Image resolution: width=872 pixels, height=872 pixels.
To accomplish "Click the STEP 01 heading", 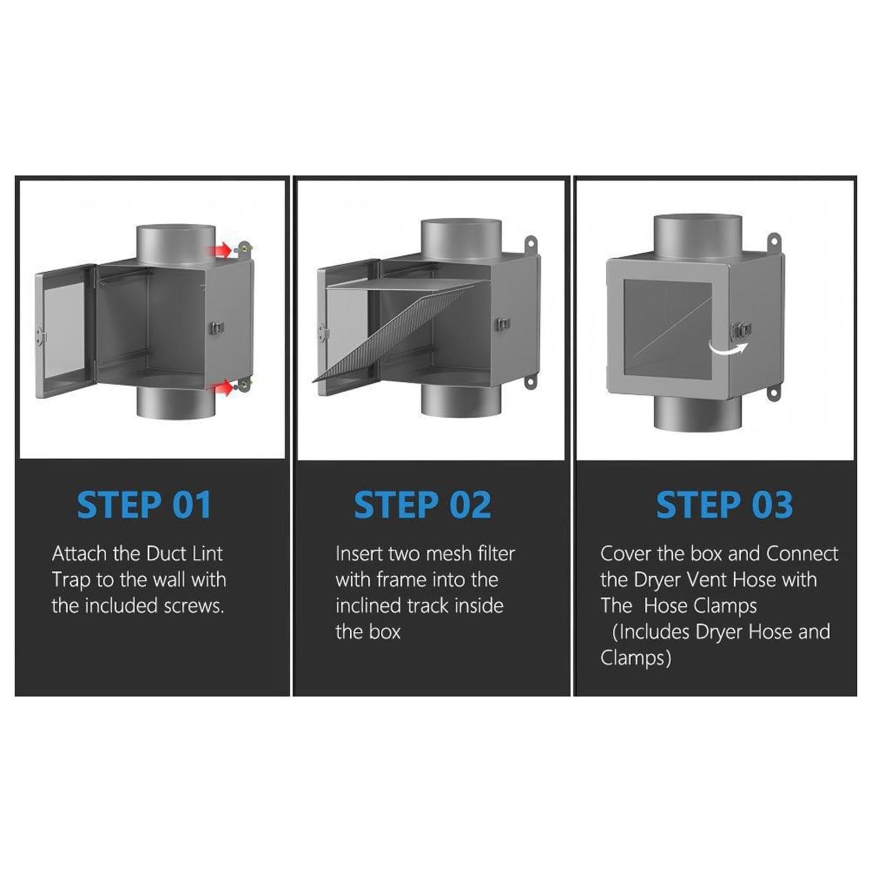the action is click(x=144, y=505).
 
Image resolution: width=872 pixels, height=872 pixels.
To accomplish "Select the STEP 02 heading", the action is click(x=423, y=505).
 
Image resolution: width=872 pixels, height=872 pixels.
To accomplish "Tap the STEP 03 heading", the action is click(x=724, y=505).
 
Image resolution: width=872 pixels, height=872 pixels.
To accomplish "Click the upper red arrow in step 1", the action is click(x=219, y=251).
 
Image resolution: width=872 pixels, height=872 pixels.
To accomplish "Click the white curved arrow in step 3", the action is click(x=729, y=348).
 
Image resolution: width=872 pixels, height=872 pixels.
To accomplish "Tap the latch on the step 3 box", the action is click(x=742, y=330).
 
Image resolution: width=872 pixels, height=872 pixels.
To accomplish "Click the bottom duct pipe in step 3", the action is click(x=697, y=412).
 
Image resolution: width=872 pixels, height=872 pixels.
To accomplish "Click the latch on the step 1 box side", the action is click(x=217, y=328).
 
